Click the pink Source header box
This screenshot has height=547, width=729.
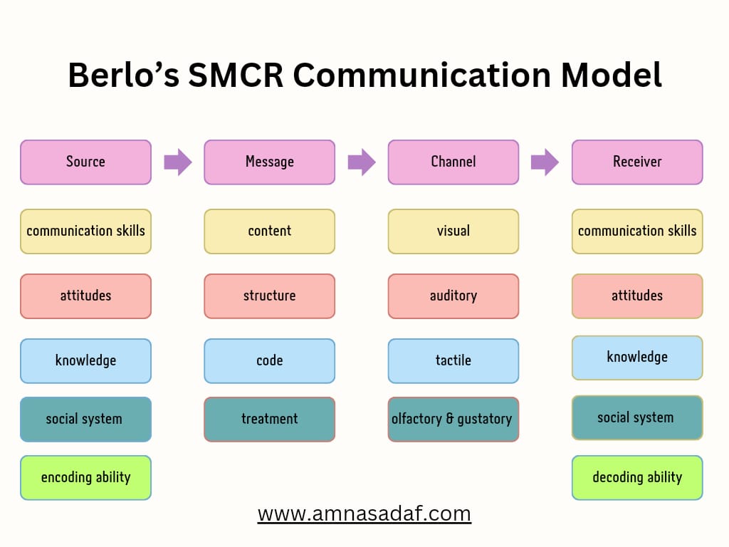(85, 162)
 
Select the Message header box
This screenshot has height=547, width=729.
(269, 162)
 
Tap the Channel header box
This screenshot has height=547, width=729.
(453, 162)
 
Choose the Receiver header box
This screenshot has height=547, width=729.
(637, 162)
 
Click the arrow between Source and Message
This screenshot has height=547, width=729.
(177, 162)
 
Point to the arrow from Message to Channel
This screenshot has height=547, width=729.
(361, 162)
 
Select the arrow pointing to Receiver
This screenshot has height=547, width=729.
(545, 162)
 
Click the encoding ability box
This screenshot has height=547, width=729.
(85, 477)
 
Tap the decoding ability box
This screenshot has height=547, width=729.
(637, 477)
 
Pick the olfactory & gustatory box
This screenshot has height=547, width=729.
(453, 419)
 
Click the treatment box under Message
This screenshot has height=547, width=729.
(269, 419)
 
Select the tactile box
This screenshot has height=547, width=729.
(453, 360)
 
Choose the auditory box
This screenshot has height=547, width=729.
(453, 296)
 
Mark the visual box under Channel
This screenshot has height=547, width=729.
(453, 231)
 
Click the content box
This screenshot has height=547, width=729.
(269, 231)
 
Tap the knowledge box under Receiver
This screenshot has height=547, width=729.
(637, 358)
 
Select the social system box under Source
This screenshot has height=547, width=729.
(85, 419)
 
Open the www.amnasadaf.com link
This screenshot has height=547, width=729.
(364, 513)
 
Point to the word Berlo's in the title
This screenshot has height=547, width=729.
(123, 75)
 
